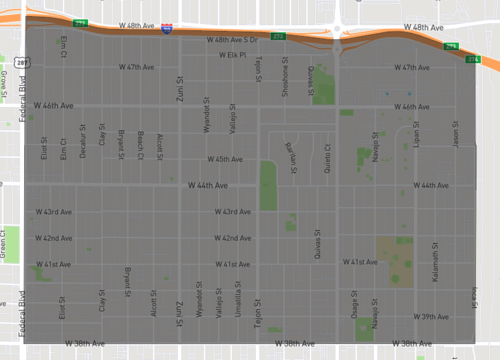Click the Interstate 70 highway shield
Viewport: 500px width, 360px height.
(166, 30)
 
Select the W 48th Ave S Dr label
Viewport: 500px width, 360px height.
(231, 40)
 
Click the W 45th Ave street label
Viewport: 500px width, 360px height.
(224, 159)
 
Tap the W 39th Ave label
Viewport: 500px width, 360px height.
(434, 316)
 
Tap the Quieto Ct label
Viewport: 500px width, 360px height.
(327, 155)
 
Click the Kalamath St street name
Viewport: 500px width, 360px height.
(437, 260)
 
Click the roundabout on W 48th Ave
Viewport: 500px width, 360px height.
(337, 28)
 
